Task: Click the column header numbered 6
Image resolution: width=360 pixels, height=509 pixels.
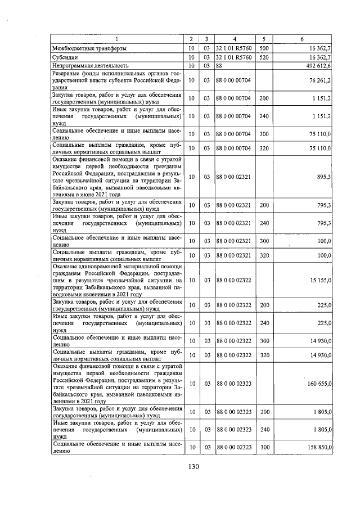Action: [302, 39]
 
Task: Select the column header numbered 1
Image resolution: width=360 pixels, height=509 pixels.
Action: [117, 39]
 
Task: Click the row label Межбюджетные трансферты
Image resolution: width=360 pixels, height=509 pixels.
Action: [89, 48]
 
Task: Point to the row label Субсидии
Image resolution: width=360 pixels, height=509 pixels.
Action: [64, 57]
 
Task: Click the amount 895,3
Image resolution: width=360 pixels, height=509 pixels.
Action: [324, 177]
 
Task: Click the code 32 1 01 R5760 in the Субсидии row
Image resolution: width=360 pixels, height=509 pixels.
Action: [233, 57]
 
